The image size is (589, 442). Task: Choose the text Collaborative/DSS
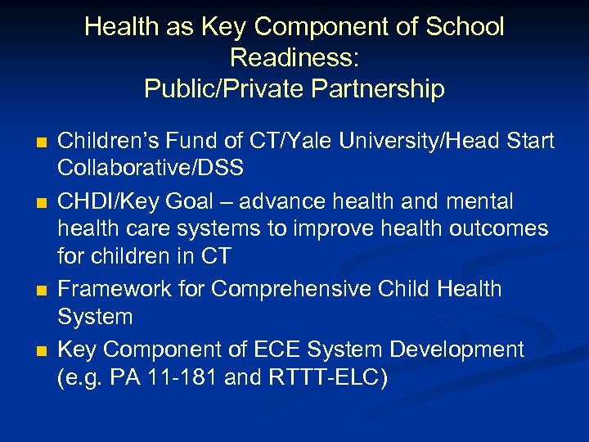pos(151,169)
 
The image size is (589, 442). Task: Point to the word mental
pos(485,201)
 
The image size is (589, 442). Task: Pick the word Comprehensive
pos(297,289)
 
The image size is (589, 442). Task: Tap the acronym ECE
pos(293,350)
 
